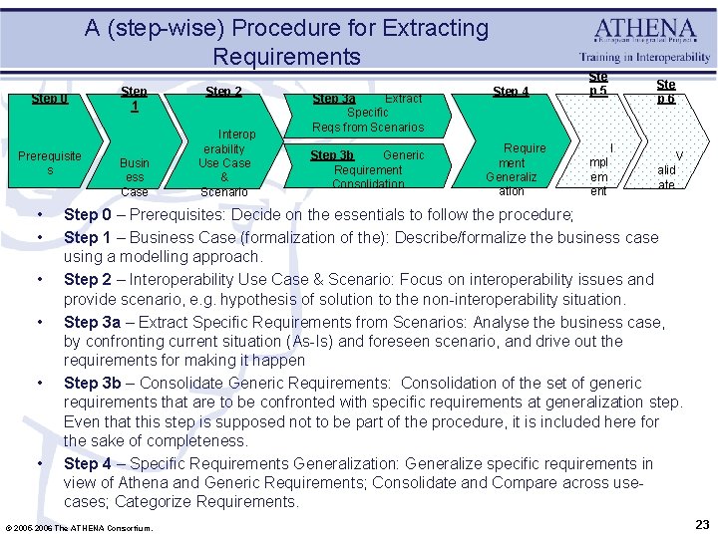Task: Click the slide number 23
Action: [700, 524]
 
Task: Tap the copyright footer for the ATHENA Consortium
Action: [79, 527]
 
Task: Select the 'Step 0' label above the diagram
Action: [50, 98]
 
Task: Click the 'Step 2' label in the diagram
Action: [223, 92]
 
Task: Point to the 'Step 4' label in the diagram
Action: [511, 92]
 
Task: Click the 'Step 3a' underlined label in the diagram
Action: [334, 99]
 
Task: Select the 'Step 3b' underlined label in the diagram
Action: [332, 155]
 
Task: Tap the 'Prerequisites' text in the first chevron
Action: [50, 163]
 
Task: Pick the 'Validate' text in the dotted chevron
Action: [666, 170]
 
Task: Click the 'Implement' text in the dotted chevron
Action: [599, 169]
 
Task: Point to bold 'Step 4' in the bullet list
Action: [87, 464]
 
